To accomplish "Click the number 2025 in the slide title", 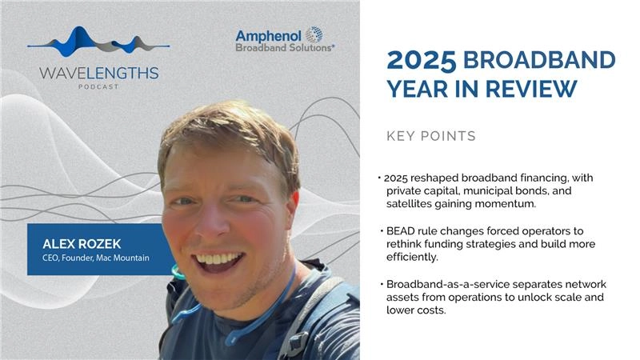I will click(x=421, y=60).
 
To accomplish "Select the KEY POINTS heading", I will click(x=430, y=136).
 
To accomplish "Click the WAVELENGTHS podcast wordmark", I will click(x=98, y=73).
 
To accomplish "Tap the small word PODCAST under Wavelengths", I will click(x=98, y=86).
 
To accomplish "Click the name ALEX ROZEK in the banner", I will click(x=74, y=244).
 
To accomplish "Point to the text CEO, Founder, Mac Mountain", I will click(x=91, y=258).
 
